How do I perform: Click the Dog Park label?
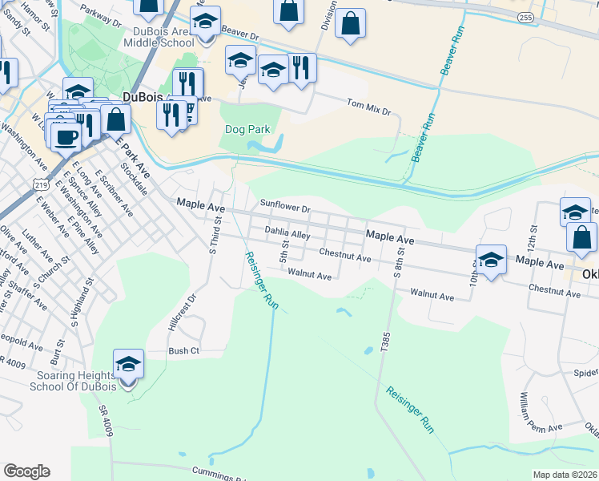(247, 129)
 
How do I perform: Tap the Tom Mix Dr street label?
(368, 107)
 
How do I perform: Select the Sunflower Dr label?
(283, 208)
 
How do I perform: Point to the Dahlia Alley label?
(287, 234)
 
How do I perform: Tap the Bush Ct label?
(183, 350)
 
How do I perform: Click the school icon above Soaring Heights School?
(128, 364)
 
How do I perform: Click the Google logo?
(26, 471)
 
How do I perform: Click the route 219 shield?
(40, 184)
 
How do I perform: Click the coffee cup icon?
(66, 135)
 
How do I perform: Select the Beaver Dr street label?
(241, 36)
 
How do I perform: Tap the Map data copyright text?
(565, 475)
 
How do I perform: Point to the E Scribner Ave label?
(113, 193)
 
